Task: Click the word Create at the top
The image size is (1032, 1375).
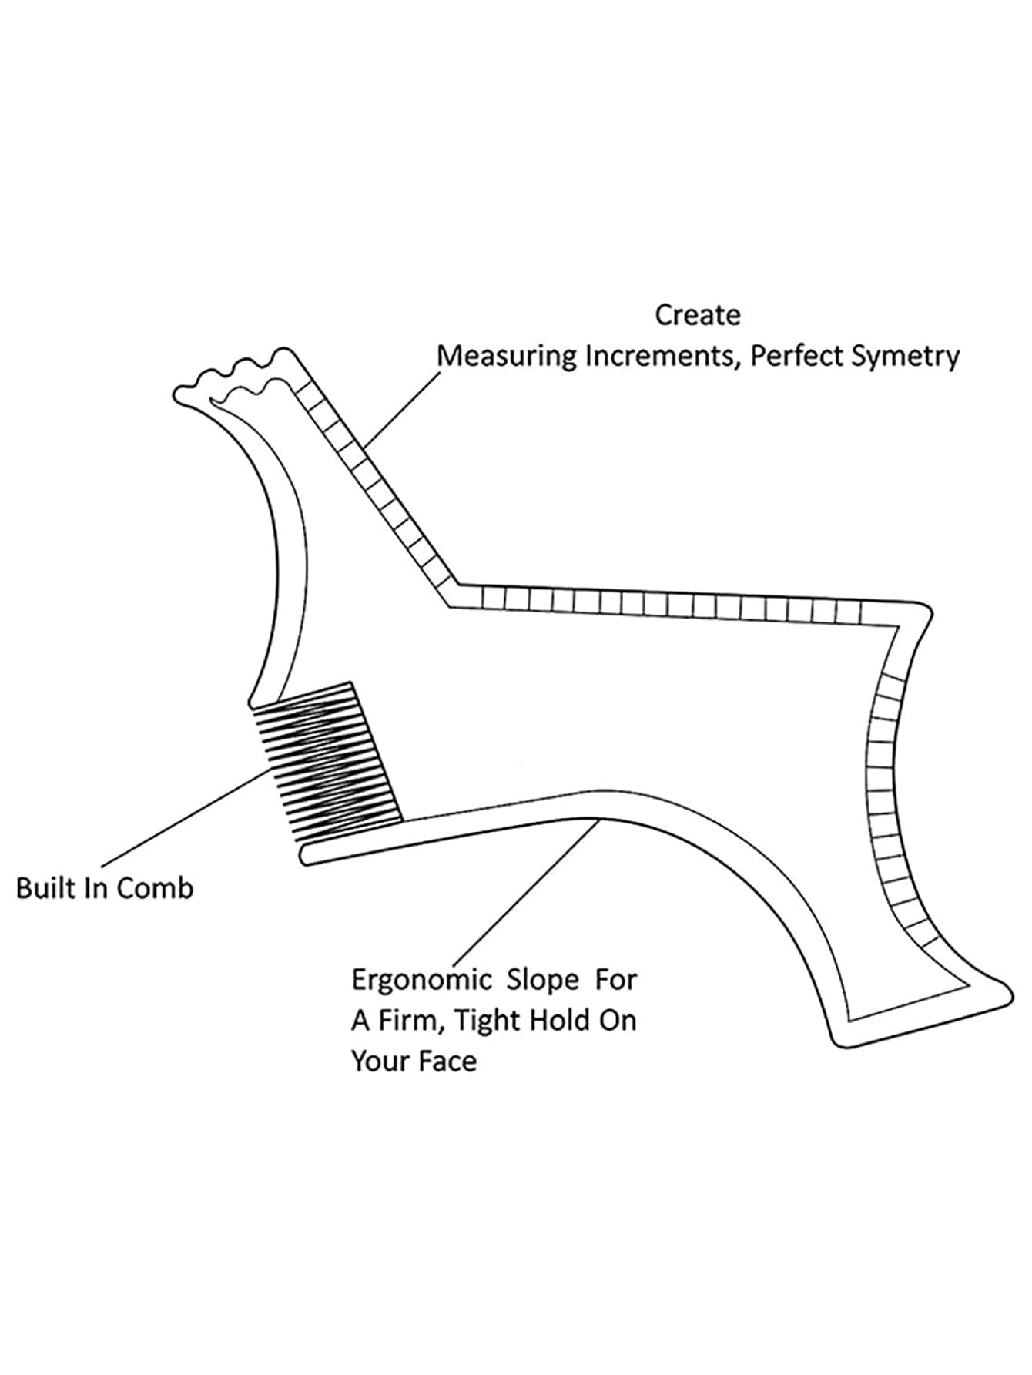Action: [x=697, y=315]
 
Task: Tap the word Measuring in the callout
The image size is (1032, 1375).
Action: [x=507, y=357]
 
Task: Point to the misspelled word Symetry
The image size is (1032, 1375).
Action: [x=908, y=357]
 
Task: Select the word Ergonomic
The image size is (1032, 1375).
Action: [x=421, y=981]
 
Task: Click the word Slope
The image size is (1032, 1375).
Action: [x=542, y=980]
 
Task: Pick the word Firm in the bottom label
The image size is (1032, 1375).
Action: [x=410, y=1021]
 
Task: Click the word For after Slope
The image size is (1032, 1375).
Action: [x=615, y=980]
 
